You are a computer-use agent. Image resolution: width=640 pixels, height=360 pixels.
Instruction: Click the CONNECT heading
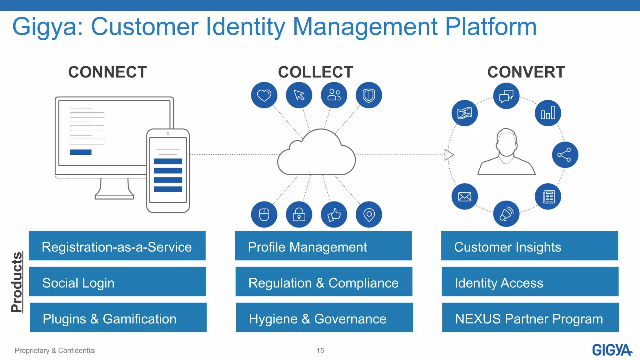[x=107, y=72]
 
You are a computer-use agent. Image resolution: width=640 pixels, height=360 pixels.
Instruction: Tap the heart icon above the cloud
[x=264, y=95]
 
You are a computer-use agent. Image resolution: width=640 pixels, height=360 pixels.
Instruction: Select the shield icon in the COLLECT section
[x=369, y=95]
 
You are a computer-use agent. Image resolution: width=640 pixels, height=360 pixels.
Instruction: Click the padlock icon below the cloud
[x=299, y=215]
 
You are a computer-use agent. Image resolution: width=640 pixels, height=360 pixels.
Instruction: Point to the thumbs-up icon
[x=334, y=215]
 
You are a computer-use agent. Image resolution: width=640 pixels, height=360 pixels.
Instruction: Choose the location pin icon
[x=369, y=215]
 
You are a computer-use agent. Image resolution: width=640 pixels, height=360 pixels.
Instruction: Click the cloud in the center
[x=316, y=155]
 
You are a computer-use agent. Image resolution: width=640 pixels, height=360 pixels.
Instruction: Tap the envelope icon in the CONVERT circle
[x=465, y=197]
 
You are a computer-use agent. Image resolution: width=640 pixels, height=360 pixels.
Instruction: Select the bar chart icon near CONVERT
[x=548, y=113]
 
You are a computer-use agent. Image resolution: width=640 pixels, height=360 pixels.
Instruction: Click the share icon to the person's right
[x=565, y=155]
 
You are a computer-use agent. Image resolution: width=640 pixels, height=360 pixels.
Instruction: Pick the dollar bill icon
[x=465, y=113]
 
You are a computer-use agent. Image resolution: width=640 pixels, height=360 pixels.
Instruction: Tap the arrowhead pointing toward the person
[x=449, y=155]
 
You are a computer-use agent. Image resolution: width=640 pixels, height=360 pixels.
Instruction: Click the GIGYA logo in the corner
[x=612, y=350]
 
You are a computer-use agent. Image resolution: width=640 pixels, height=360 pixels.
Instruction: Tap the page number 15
[x=320, y=351]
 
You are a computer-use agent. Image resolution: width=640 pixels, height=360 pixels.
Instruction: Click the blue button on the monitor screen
[x=81, y=152]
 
